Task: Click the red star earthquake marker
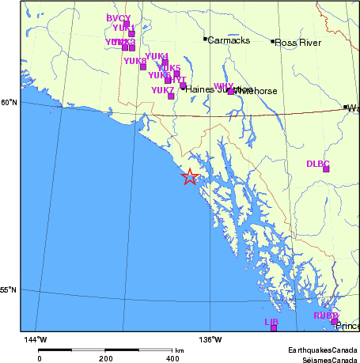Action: [x=189, y=177]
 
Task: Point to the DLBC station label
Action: [x=317, y=164]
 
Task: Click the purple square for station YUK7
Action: [x=171, y=96]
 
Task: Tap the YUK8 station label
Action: [x=135, y=61]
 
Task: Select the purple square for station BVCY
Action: [x=126, y=25]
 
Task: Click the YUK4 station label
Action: [x=157, y=56]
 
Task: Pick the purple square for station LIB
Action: [x=274, y=327]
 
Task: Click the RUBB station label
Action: [x=325, y=316]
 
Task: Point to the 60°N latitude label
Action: [x=9, y=103]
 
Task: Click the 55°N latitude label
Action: [x=9, y=290]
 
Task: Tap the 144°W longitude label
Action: [x=35, y=340]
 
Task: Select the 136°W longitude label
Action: [x=210, y=340]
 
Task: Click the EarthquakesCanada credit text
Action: [x=322, y=350]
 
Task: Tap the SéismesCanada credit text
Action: [x=325, y=358]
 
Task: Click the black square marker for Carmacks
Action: [x=205, y=39]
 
